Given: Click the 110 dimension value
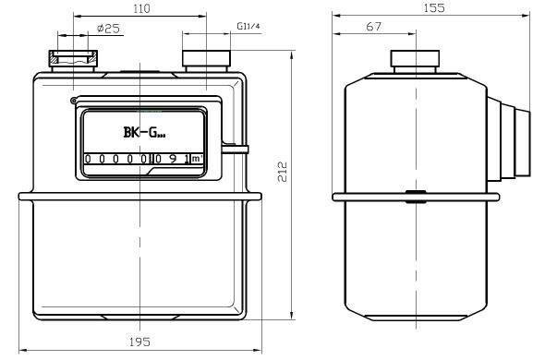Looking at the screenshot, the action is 142,8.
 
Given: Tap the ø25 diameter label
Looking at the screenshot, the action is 108,28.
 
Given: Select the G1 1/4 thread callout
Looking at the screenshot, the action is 248,26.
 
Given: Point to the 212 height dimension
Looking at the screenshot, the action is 283,172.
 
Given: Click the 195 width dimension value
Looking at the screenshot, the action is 139,342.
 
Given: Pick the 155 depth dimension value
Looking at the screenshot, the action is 434,8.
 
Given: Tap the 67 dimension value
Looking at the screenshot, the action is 373,27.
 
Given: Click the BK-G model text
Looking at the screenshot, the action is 144,132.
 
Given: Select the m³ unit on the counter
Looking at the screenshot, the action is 197,159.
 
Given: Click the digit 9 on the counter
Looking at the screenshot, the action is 173,159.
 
